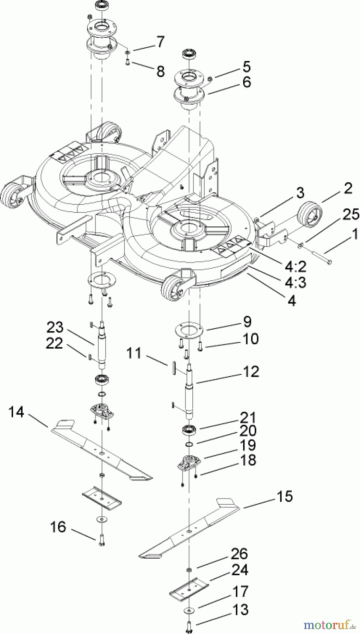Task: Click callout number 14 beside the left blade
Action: point(17,411)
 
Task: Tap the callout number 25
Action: point(351,215)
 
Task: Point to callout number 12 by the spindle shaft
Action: point(251,372)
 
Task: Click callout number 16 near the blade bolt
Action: point(58,527)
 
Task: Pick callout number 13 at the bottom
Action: point(241,610)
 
